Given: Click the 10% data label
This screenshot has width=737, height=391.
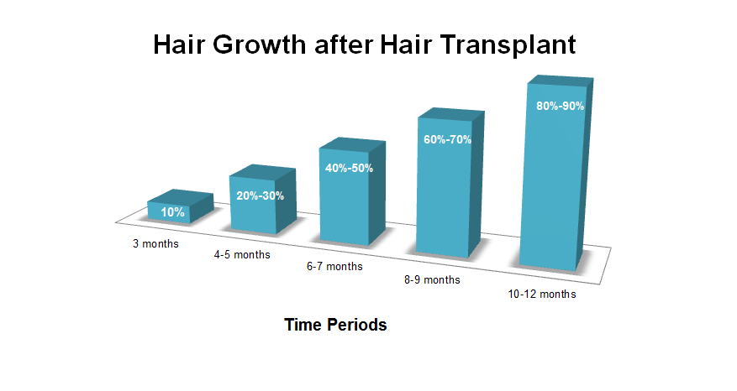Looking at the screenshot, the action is pos(172,212).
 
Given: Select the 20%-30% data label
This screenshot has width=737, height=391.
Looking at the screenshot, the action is pos(260,195).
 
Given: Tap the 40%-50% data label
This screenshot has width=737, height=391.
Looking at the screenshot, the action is pos(349,168).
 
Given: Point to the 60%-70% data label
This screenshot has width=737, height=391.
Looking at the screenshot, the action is pos(447,139).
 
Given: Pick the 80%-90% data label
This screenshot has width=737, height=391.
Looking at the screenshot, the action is pos(561,106).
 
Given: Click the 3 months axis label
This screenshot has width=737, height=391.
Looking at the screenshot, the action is pos(155,244).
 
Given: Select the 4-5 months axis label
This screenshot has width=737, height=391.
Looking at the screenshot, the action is pos(242,255).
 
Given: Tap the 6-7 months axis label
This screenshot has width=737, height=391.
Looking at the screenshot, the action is pos(334,267).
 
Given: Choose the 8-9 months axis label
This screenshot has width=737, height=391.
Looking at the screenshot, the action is pos(432,280).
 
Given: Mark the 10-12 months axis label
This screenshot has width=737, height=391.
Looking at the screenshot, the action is pos(542,295).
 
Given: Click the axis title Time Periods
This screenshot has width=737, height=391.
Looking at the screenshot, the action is pos(335,325).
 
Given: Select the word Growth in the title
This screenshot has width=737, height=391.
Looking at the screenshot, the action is pos(259,45).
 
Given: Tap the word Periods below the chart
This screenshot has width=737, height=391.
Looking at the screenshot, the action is pos(358,325).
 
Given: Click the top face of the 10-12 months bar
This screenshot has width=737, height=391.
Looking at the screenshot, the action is pos(561,81).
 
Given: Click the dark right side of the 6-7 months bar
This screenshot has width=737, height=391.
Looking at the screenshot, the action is pos(377,192).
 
